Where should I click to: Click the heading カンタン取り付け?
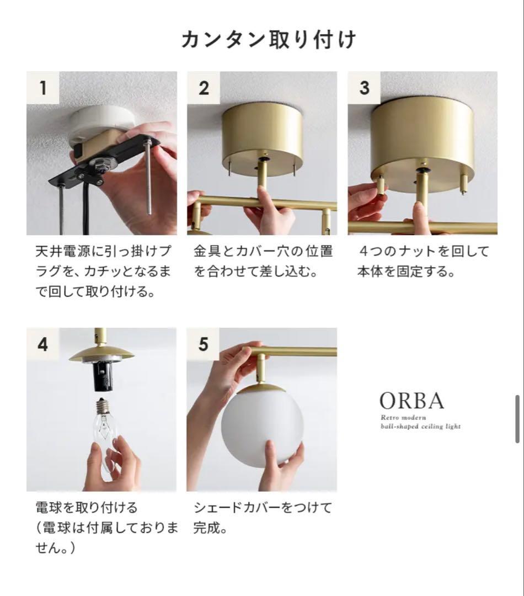coord(269,40)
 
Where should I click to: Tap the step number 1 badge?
coord(42,87)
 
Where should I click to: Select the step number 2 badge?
coord(203,87)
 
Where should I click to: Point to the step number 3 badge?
coord(363,87)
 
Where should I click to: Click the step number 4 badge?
coord(42,344)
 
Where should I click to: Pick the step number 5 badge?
coord(203,344)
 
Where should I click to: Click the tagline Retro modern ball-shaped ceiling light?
coord(420,422)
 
